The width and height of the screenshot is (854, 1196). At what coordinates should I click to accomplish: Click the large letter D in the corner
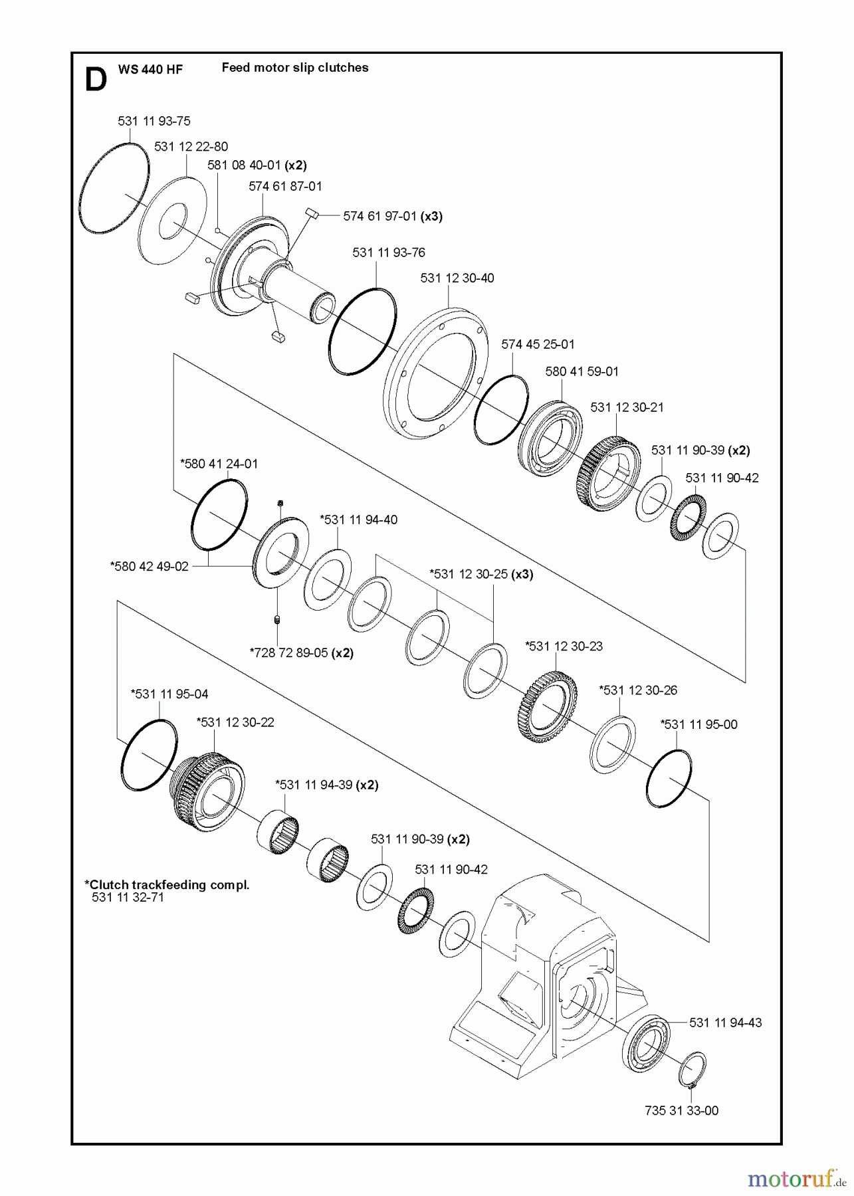tap(96, 80)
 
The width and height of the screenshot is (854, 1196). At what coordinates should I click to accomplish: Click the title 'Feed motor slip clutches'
tap(294, 67)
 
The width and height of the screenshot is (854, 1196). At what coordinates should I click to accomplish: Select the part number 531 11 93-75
tap(154, 121)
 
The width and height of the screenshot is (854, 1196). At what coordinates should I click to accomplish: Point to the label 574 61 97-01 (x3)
tap(392, 216)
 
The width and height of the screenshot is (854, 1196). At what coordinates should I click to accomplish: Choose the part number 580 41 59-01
tap(582, 371)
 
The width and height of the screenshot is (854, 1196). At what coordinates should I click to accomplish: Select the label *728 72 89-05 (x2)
tap(301, 652)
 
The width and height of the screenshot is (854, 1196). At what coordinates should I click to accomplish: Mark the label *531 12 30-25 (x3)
tap(481, 573)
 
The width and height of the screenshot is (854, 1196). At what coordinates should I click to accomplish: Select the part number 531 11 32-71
tap(128, 897)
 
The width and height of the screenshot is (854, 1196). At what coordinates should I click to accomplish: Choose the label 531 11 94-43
tap(725, 1023)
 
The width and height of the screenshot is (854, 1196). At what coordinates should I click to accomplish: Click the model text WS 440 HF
tap(150, 69)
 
